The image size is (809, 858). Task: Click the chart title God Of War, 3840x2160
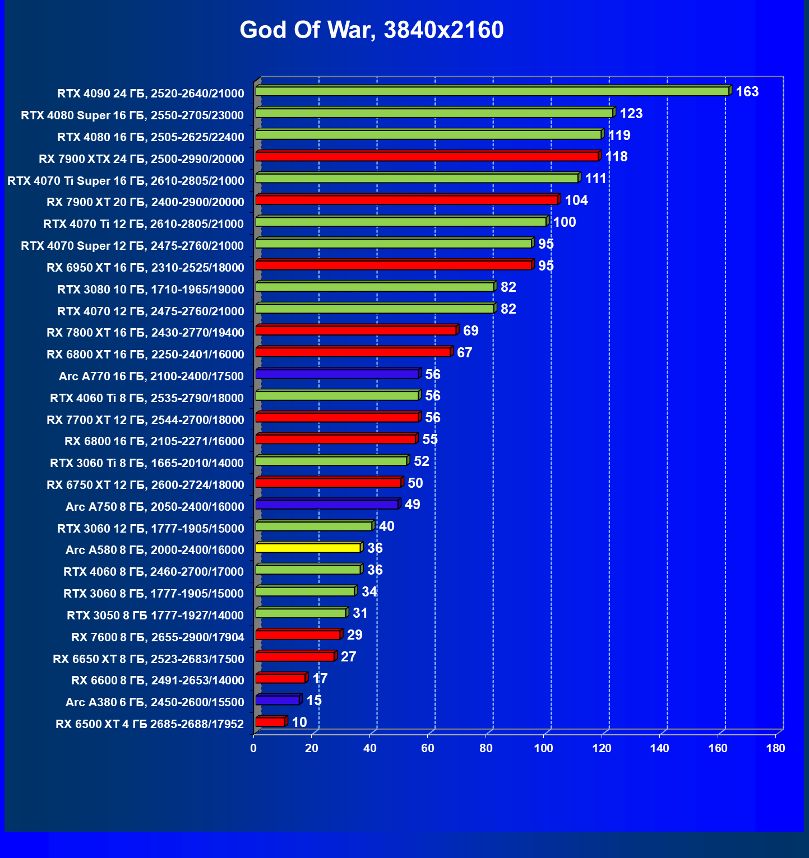(x=371, y=30)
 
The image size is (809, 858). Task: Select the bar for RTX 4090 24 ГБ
(x=492, y=91)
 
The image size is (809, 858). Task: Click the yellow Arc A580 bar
(x=308, y=548)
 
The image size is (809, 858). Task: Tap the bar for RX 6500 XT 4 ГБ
(x=270, y=722)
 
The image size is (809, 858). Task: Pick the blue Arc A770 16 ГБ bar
(x=337, y=374)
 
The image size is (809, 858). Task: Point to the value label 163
(x=747, y=92)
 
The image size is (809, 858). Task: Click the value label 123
(x=631, y=114)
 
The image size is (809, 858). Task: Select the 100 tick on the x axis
(x=543, y=748)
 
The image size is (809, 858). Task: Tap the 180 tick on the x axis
(x=775, y=748)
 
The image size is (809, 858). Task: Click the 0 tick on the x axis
(x=254, y=748)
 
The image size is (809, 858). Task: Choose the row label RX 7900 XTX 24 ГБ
(x=141, y=159)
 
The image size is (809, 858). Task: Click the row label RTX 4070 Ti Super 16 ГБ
(x=126, y=181)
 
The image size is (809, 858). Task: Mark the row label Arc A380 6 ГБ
(x=155, y=702)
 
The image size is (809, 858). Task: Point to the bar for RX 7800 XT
(x=356, y=330)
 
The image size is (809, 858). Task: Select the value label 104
(x=576, y=200)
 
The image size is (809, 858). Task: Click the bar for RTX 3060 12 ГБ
(x=314, y=526)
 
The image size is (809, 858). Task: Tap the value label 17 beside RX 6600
(x=320, y=679)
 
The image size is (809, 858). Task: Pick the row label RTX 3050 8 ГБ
(x=155, y=615)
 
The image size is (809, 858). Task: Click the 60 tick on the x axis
(x=428, y=748)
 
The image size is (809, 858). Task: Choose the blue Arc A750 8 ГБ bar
(x=327, y=504)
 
